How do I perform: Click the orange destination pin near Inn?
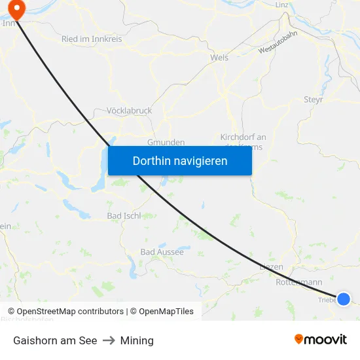[x=15, y=8]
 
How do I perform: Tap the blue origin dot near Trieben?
[x=344, y=299]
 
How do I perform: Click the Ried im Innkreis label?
[x=92, y=39]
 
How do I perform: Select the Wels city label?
[x=219, y=58]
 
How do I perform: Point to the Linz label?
[x=282, y=5]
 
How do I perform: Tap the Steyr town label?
[x=314, y=99]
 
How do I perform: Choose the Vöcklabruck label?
[x=129, y=111]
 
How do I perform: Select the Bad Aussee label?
[x=162, y=252]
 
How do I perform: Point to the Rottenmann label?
[x=300, y=282]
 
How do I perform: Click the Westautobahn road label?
[x=278, y=45]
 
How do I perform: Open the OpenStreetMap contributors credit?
[x=70, y=312]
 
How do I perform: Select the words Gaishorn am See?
[x=55, y=340]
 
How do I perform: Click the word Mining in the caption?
[x=137, y=340]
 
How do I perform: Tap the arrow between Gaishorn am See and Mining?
[x=109, y=340]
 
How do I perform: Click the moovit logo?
[x=321, y=339]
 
